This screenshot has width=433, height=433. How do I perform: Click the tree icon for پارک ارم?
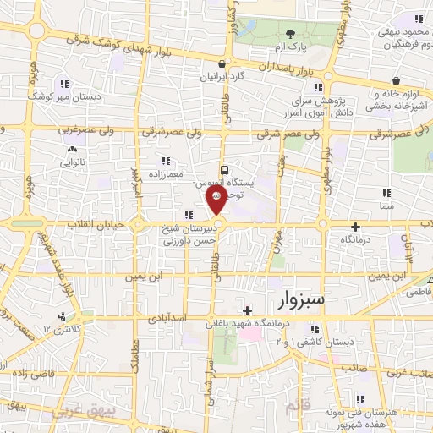pyautogui.click(x=292, y=34)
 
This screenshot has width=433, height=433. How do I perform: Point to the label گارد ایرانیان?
pyautogui.click(x=221, y=76)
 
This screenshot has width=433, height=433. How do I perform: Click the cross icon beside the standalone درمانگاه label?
pyautogui.click(x=355, y=226)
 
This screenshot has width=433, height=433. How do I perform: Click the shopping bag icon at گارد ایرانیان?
pyautogui.click(x=221, y=63)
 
